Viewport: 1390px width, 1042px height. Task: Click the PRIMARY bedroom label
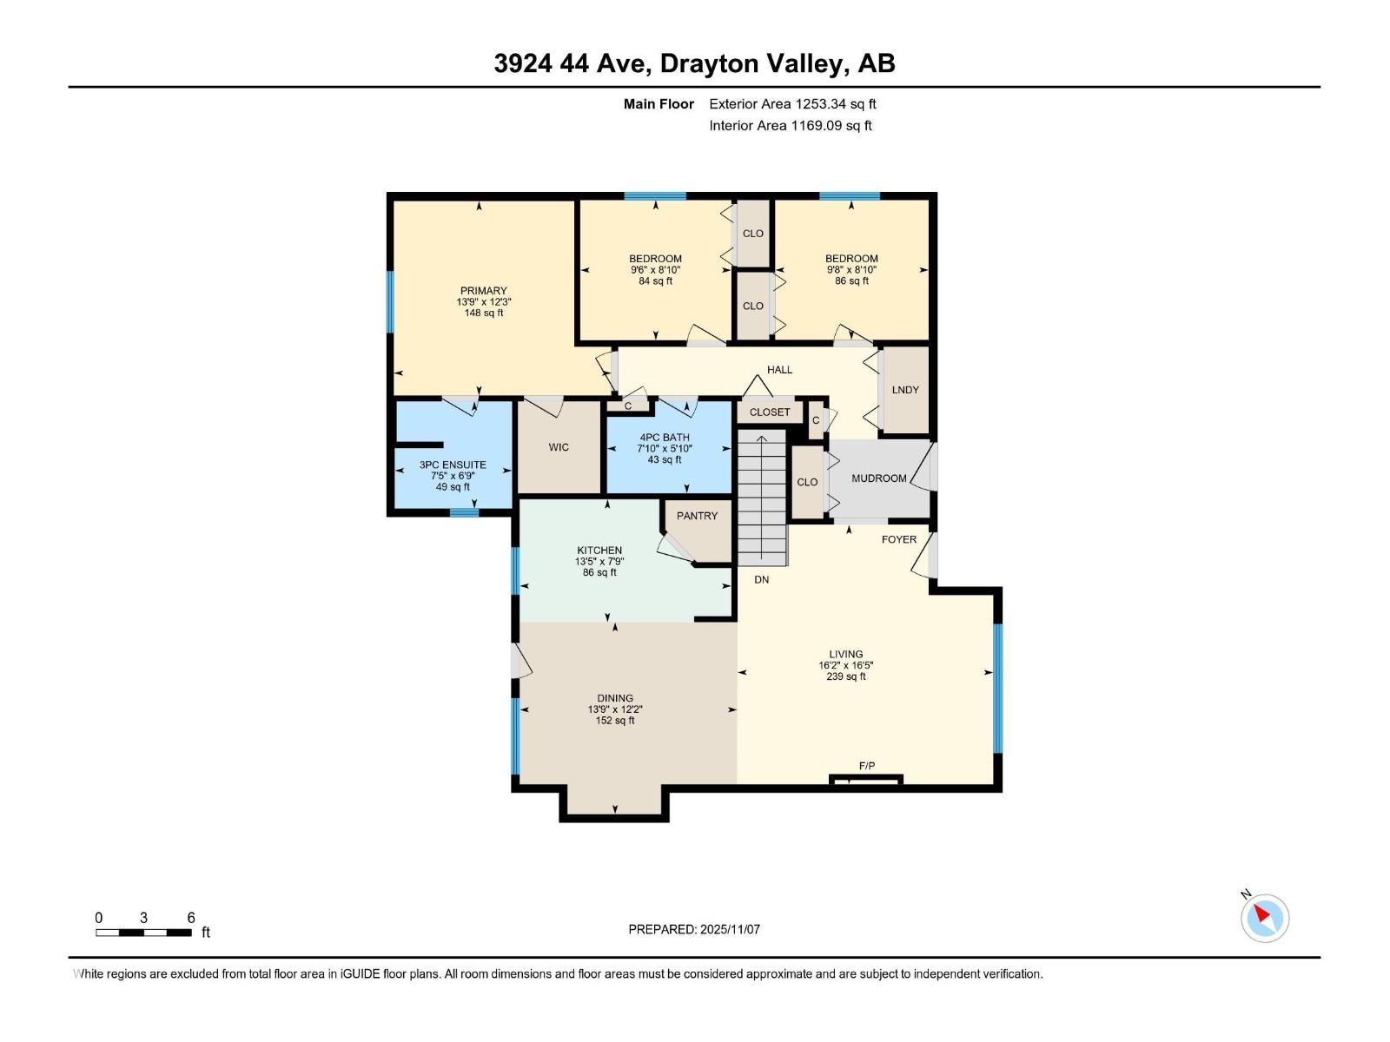(483, 291)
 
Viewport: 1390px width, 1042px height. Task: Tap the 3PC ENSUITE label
(453, 465)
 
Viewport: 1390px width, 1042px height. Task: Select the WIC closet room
(559, 447)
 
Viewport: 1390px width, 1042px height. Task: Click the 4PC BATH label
(665, 438)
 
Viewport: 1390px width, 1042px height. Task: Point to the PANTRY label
(697, 516)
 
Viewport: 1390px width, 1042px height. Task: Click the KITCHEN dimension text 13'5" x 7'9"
(599, 561)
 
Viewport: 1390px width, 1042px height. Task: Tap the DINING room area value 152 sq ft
(615, 721)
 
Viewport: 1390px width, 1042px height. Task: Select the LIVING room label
(845, 654)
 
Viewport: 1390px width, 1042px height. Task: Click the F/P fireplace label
(866, 766)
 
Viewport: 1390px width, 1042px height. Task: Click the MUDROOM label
(878, 478)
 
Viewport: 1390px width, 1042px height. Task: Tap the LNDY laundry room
(905, 390)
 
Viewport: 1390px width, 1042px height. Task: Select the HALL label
(779, 370)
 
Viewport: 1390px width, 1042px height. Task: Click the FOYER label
(898, 539)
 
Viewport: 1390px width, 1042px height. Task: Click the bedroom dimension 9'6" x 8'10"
(655, 270)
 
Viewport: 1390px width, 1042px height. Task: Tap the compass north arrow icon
(1264, 917)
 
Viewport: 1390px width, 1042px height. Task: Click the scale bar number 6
(191, 918)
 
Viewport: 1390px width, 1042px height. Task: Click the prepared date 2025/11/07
(730, 929)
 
